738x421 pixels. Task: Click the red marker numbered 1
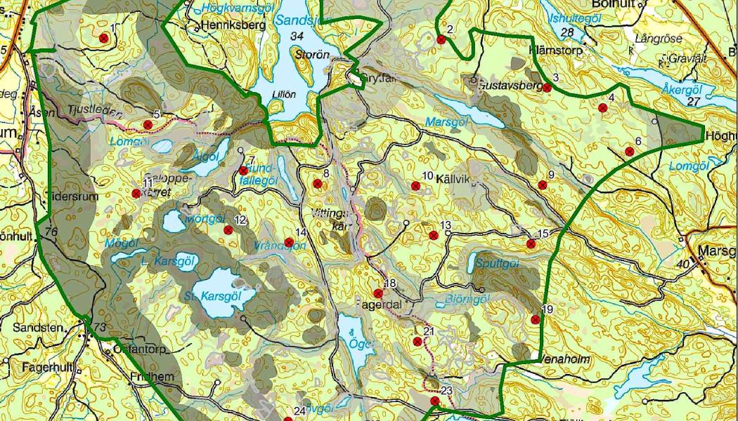click(104, 38)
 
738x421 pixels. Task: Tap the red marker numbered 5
click(148, 125)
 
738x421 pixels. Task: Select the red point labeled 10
click(416, 186)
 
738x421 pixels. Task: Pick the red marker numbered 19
click(536, 319)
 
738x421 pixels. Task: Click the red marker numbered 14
click(289, 242)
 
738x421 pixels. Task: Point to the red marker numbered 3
click(547, 88)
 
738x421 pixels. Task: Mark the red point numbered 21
click(418, 342)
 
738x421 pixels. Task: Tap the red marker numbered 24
click(287, 419)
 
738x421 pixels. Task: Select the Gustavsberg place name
click(512, 86)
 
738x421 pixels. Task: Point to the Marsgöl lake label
click(446, 121)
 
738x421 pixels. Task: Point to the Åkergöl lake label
click(682, 89)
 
